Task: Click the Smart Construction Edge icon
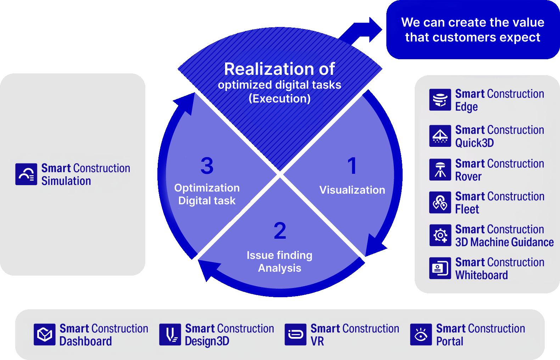pyautogui.click(x=440, y=100)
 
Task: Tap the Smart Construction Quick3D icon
pyautogui.click(x=440, y=136)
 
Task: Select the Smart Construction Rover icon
pyautogui.click(x=440, y=170)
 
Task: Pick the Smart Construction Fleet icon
pyautogui.click(x=440, y=203)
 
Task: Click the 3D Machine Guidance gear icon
pyautogui.click(x=440, y=235)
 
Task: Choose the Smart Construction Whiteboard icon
pyautogui.click(x=440, y=268)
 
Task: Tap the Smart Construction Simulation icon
pyautogui.click(x=26, y=174)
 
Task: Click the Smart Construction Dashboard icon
pyautogui.click(x=45, y=334)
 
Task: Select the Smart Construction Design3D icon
pyautogui.click(x=170, y=334)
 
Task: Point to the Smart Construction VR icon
pyautogui.click(x=296, y=334)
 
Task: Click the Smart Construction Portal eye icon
pyautogui.click(x=421, y=334)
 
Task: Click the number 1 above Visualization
pyautogui.click(x=352, y=166)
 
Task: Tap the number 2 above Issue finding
pyautogui.click(x=280, y=231)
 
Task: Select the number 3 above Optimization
pyautogui.click(x=207, y=166)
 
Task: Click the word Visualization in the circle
pyautogui.click(x=352, y=190)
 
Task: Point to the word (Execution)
pyautogui.click(x=280, y=99)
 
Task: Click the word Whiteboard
pyautogui.click(x=481, y=275)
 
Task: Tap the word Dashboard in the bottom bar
pyautogui.click(x=85, y=341)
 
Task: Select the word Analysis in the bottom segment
pyautogui.click(x=280, y=268)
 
